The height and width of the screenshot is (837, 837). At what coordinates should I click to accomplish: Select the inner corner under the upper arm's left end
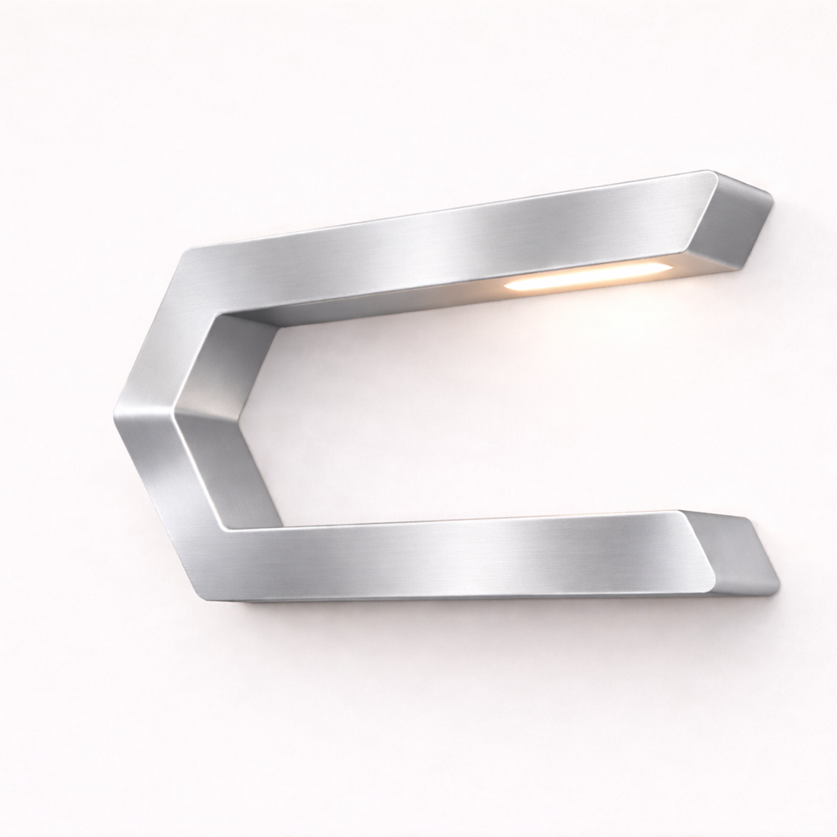click(x=278, y=324)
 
